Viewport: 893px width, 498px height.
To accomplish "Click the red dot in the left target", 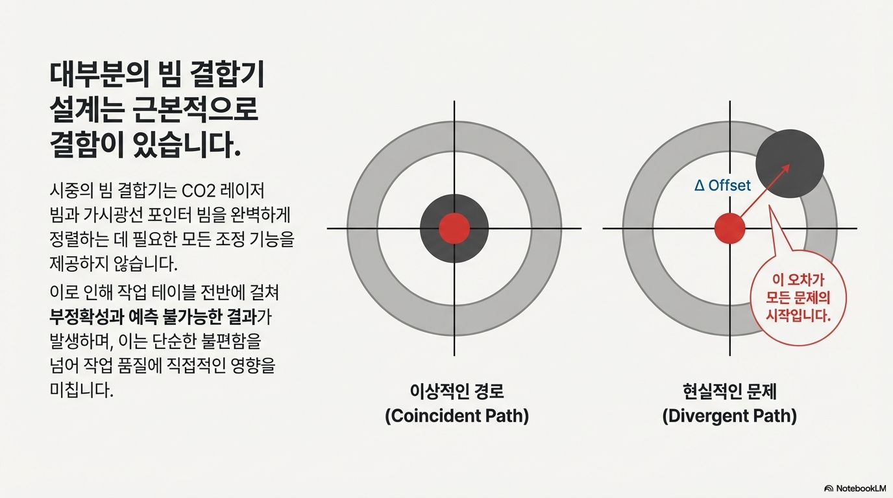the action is click(454, 228).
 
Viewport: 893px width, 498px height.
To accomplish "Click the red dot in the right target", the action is click(729, 228).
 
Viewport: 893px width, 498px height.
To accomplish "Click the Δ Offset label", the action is click(722, 185).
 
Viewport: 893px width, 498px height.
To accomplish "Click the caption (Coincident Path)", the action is click(457, 416).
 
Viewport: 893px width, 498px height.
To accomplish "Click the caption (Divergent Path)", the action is click(729, 416).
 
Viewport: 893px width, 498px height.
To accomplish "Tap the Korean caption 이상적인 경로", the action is click(457, 392).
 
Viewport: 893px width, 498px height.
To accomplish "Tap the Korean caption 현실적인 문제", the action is click(729, 392).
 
